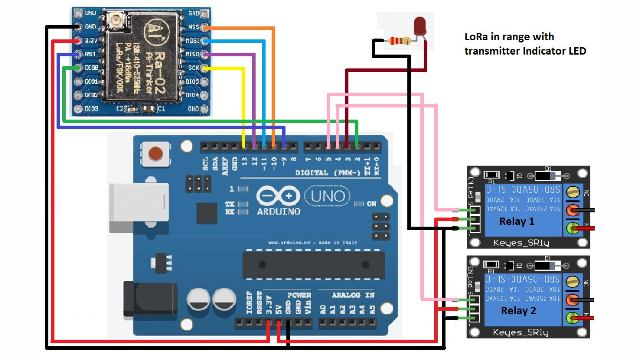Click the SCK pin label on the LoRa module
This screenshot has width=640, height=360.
(x=193, y=68)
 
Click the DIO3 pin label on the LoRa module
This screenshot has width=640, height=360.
(x=91, y=108)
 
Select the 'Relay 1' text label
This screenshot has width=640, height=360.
(x=517, y=221)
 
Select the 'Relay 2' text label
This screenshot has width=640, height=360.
(x=518, y=311)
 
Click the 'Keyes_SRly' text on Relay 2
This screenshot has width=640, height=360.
(x=520, y=332)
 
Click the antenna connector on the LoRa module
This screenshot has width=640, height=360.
(x=117, y=20)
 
